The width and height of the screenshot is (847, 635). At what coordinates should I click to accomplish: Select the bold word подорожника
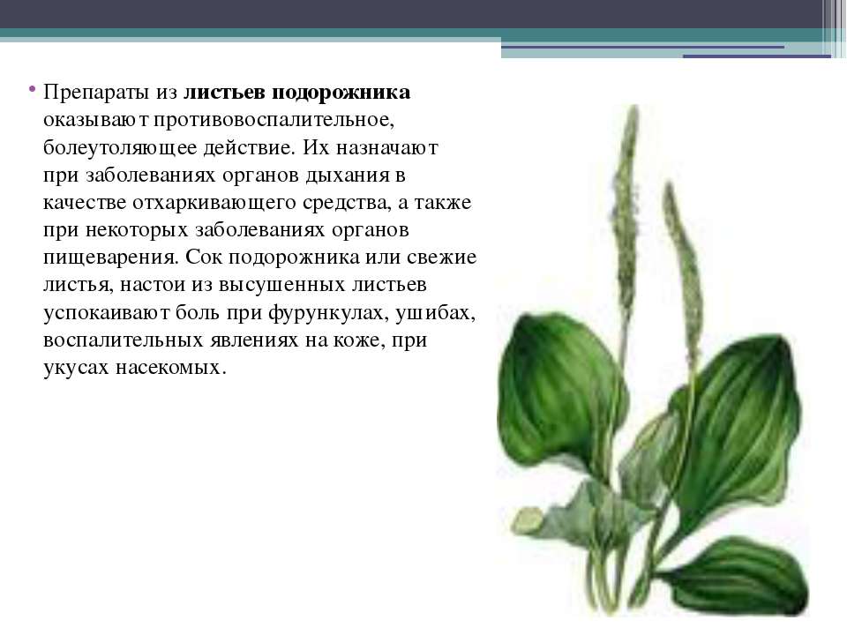pos(341,93)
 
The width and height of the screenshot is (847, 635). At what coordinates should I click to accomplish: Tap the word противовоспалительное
pos(274,120)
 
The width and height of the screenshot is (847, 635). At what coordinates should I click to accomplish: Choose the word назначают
pos(386,147)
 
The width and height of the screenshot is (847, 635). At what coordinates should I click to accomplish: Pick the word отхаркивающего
pos(214,203)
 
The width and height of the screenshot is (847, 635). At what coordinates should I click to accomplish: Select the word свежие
pos(441,257)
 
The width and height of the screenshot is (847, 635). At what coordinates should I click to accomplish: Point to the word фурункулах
pos(328,313)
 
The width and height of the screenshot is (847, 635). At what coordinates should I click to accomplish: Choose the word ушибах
pos(435,313)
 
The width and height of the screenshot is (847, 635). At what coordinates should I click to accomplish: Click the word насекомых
pos(170,368)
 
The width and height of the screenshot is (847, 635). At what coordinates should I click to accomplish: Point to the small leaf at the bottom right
pos(739,577)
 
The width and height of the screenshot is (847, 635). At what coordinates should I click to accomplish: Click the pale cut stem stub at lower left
pos(528,520)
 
